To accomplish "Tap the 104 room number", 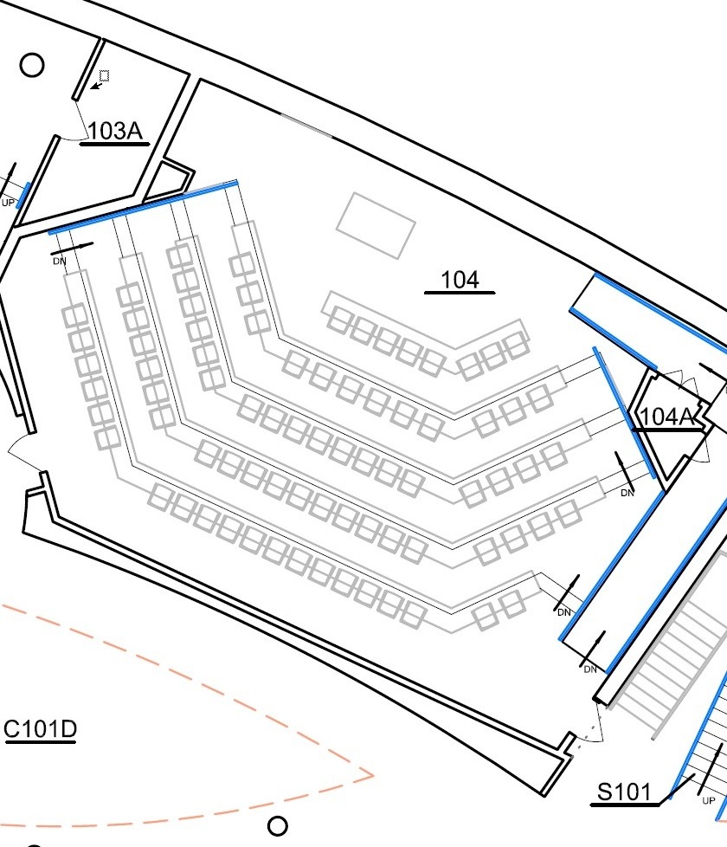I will (460, 280).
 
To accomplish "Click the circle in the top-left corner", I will (32, 66).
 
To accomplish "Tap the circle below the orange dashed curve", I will (277, 825).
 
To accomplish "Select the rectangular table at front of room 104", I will (376, 224).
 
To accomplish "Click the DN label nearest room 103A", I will (60, 260).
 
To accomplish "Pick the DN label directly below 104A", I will (627, 493).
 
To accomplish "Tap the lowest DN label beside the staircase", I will (590, 669).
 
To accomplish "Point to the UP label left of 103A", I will (8, 203).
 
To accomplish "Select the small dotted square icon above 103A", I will (104, 76).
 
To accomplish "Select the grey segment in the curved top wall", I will (307, 126).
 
